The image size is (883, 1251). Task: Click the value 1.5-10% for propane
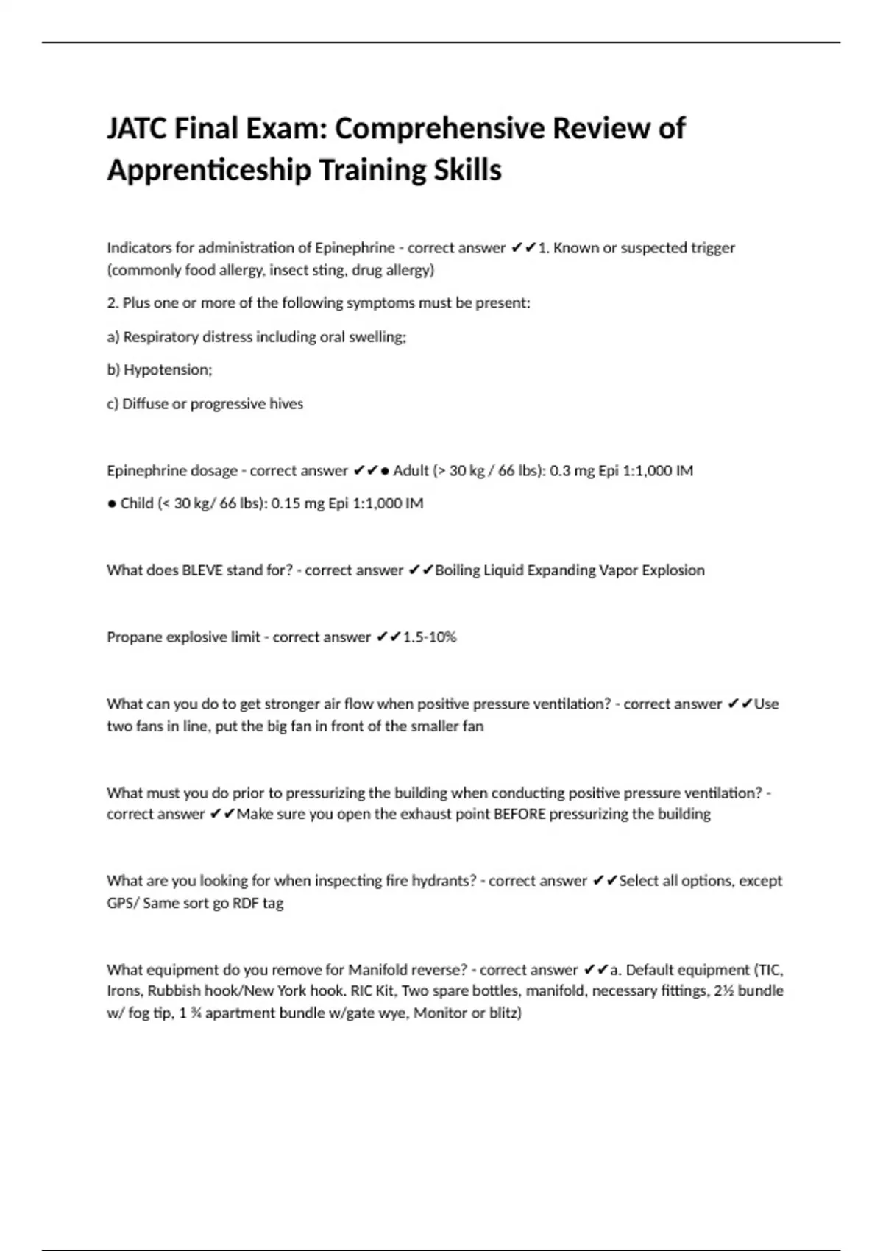[430, 637]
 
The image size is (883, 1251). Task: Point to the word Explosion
[673, 570]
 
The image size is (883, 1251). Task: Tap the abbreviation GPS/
[123, 903]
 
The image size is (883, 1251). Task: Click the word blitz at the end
[503, 1013]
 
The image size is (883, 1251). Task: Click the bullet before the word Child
[112, 504]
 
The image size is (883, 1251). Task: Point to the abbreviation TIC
[770, 970]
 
